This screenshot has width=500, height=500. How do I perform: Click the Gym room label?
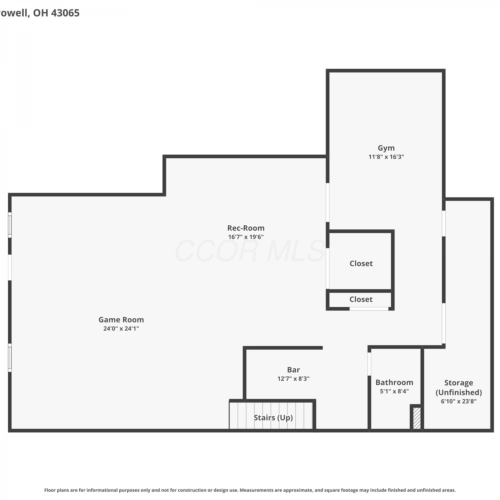tap(386, 148)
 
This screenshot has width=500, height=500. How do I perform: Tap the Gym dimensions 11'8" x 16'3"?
tap(386, 157)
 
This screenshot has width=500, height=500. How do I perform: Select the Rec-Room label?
tap(246, 228)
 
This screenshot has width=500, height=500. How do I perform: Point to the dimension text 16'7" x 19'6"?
tap(246, 237)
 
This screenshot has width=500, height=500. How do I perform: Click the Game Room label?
tap(121, 320)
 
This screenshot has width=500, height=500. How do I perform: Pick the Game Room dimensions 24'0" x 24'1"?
tap(121, 328)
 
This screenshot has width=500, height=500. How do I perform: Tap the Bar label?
tap(293, 370)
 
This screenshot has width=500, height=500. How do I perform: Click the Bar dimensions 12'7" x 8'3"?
tap(293, 378)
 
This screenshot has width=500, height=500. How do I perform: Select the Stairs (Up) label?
tap(273, 418)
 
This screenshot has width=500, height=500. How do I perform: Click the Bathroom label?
tap(394, 382)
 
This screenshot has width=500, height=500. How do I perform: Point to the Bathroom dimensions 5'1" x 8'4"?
tap(394, 391)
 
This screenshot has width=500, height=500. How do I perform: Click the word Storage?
tap(459, 383)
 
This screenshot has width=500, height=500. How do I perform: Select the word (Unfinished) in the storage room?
tap(459, 392)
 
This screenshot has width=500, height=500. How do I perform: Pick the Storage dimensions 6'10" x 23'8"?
tap(459, 401)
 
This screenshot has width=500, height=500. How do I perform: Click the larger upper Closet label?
tap(361, 263)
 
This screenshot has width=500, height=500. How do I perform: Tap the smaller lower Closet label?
tap(361, 299)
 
